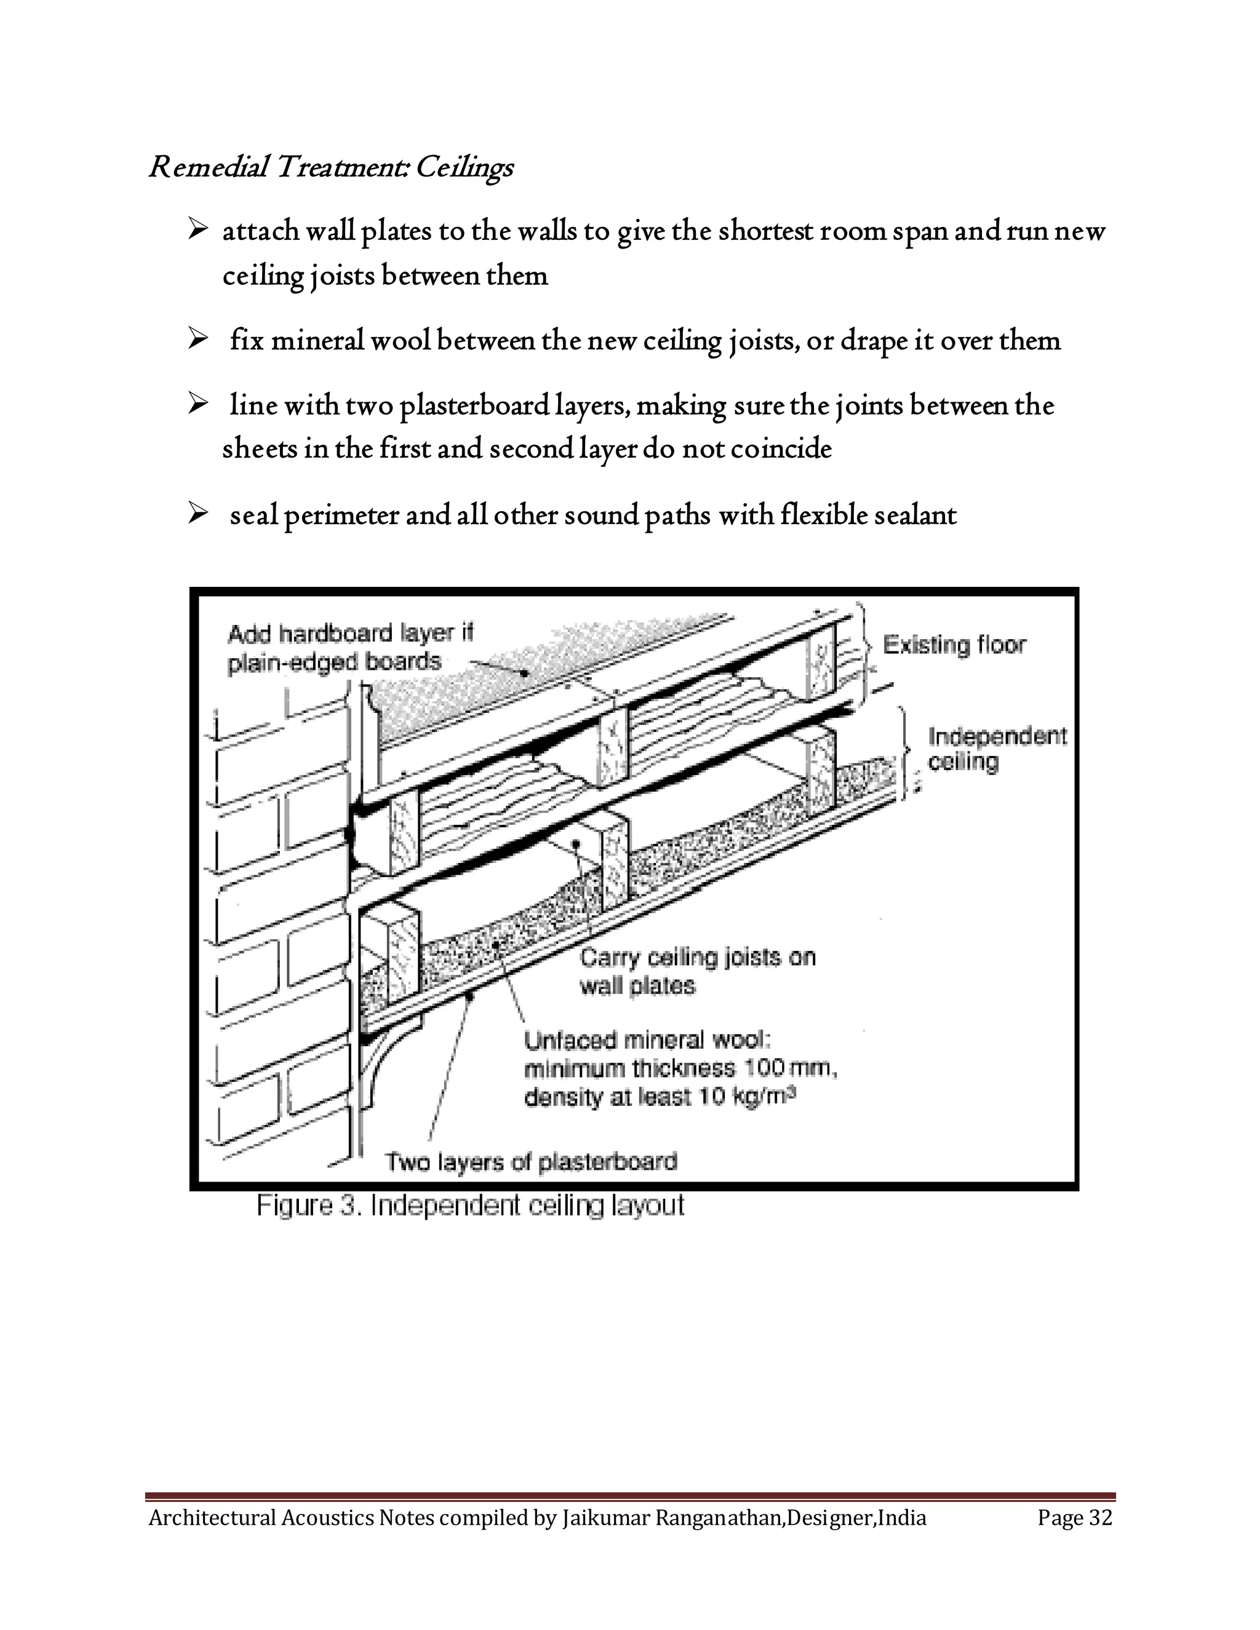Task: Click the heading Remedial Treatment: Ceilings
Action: [x=330, y=167]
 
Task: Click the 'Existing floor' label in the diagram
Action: [x=954, y=645]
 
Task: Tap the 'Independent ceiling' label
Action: [x=997, y=749]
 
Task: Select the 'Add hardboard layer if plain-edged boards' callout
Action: [x=349, y=648]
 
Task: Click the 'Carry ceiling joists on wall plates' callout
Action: [x=696, y=971]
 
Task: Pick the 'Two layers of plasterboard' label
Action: [x=531, y=1162]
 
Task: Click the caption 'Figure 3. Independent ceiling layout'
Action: [x=470, y=1206]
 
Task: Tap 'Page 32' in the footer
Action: [x=1074, y=1517]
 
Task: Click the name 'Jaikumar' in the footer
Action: [x=605, y=1517]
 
